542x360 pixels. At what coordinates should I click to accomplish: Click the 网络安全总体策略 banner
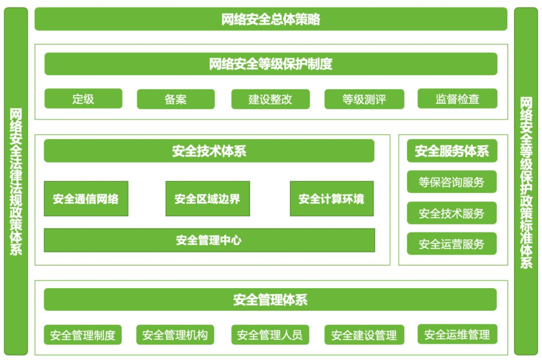270,19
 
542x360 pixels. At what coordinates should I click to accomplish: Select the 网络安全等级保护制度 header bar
270,64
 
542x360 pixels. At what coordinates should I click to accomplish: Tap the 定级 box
83,98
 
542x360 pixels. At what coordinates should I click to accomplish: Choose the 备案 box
176,99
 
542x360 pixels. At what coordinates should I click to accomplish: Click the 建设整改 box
270,99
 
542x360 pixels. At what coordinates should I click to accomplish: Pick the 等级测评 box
364,99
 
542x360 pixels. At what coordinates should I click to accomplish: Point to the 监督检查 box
457,98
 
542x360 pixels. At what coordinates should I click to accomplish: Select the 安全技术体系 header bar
209,151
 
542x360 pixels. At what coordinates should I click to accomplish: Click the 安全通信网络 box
86,199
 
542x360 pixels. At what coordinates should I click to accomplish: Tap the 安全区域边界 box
207,199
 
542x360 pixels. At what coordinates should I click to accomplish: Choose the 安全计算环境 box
332,199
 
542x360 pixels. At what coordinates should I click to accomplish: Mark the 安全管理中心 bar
209,240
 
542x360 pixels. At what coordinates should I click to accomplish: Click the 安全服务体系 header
452,151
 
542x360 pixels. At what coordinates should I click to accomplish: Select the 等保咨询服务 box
452,182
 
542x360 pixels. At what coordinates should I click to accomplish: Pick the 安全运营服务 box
452,244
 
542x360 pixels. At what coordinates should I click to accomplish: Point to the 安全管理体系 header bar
270,300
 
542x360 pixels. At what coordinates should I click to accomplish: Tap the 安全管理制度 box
83,334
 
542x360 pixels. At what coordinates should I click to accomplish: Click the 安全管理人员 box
270,334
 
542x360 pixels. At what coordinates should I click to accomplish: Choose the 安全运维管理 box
457,334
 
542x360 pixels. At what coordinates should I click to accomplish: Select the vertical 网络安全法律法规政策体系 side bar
16,181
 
